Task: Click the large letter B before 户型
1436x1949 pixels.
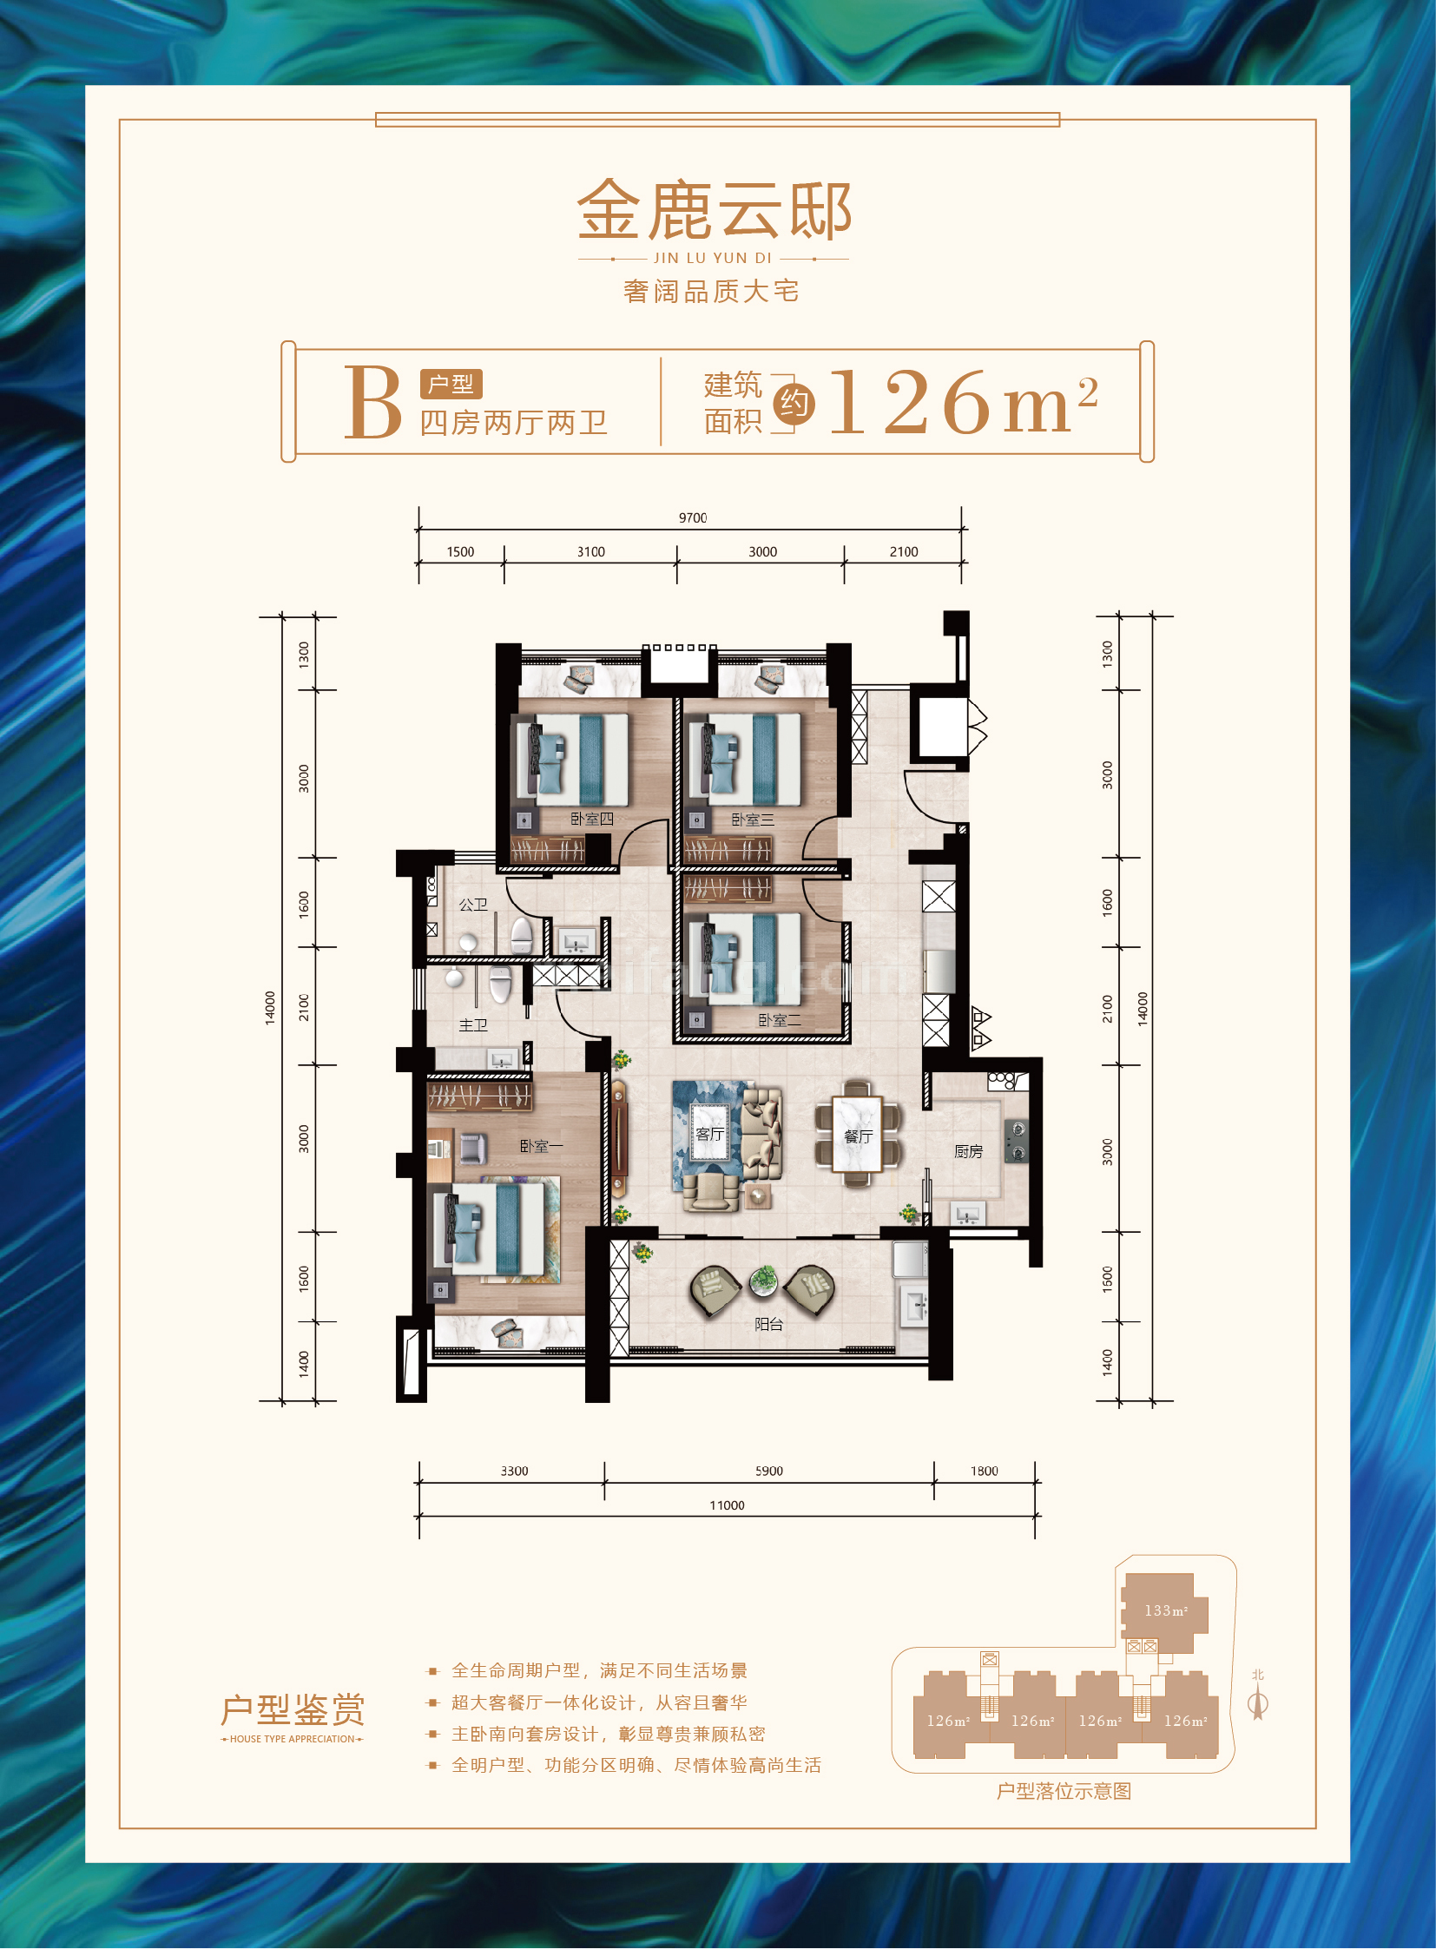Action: [373, 402]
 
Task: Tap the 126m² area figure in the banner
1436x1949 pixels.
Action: [963, 401]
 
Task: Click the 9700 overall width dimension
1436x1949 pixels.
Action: [693, 518]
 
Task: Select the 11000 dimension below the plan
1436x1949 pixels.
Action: [727, 1505]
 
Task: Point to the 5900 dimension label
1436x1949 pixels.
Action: [769, 1471]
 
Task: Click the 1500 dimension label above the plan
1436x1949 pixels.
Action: [461, 552]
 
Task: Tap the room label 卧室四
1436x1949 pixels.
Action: [592, 819]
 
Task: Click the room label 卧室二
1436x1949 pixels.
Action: [780, 1021]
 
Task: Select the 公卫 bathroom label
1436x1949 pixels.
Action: [473, 905]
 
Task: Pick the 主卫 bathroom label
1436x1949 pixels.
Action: [473, 1026]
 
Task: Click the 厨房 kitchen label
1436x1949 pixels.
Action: [968, 1152]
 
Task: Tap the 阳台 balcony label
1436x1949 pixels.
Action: [768, 1324]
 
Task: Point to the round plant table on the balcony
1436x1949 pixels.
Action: [763, 1281]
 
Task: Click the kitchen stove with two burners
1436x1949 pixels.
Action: [1015, 1140]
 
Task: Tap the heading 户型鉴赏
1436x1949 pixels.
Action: [292, 1710]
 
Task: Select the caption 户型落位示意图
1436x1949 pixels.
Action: [1064, 1792]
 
